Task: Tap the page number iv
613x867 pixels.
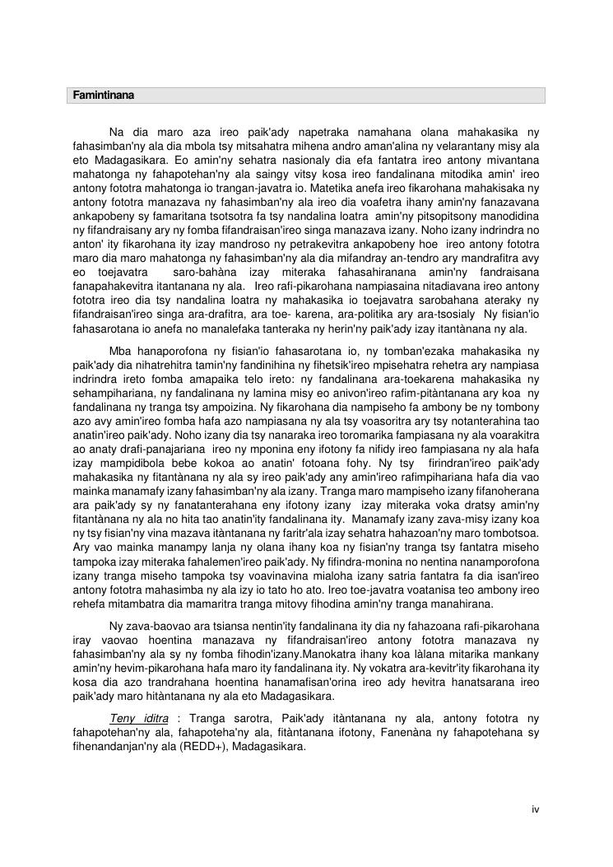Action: point(535,809)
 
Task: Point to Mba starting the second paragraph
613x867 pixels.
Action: point(120,351)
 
